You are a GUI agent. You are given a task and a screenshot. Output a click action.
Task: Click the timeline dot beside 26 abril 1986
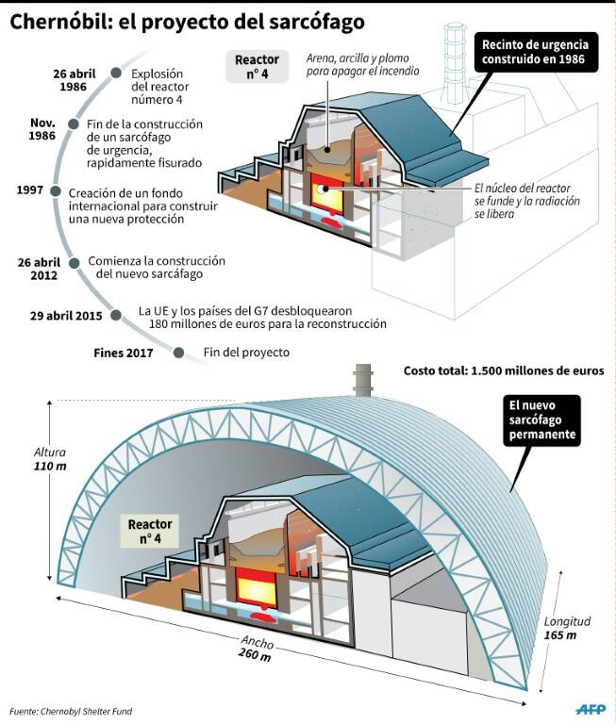116,73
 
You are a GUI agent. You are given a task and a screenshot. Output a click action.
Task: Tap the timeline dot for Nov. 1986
73,123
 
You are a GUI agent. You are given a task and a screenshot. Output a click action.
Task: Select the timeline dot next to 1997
56,191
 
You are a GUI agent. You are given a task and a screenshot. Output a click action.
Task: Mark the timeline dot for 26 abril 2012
74,263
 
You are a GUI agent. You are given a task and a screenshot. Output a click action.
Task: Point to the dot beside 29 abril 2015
116,316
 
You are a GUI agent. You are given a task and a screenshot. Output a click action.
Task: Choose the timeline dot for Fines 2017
179,353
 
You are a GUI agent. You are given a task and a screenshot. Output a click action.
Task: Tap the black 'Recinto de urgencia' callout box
535,52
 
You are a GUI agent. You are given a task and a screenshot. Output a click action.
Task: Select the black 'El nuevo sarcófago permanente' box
541,420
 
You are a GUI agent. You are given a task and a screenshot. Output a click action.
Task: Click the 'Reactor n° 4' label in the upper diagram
257,67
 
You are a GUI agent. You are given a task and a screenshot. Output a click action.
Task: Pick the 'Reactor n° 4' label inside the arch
150,531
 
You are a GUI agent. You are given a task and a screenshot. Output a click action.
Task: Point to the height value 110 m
50,467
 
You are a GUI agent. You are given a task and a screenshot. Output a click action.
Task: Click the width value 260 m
255,655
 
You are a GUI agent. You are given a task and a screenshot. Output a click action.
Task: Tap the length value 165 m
559,635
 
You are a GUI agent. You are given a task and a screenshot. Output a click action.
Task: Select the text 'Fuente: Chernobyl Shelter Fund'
71,711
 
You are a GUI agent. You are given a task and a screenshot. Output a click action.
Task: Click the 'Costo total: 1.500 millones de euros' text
504,370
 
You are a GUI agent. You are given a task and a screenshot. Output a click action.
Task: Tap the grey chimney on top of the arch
363,380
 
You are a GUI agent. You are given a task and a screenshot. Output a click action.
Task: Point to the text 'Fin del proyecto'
246,353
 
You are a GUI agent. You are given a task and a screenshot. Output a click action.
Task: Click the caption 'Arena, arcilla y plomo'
358,58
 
